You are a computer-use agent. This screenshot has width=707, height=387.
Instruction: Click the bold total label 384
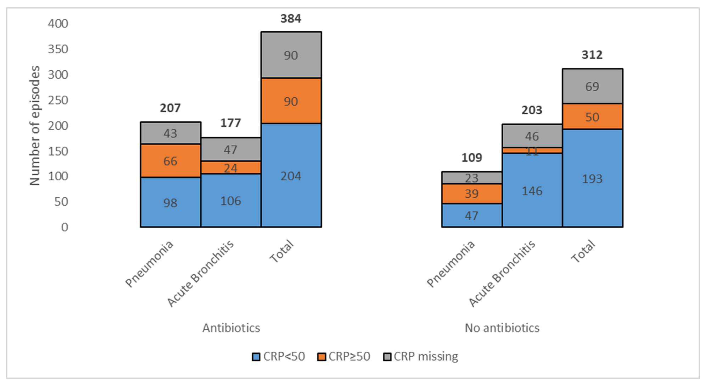[291, 19]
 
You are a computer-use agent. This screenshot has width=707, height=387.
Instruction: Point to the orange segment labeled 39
[471, 194]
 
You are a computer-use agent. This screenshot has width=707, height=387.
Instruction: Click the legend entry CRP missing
[420, 356]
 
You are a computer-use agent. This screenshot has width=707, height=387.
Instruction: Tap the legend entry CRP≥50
[344, 356]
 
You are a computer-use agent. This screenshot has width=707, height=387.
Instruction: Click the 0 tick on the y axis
[65, 227]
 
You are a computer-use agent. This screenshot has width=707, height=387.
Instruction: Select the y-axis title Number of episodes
[35, 126]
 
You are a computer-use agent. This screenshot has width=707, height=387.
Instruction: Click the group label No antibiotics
[502, 328]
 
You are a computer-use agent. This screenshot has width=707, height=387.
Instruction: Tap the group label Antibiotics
[231, 328]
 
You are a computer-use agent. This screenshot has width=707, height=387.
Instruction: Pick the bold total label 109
[471, 158]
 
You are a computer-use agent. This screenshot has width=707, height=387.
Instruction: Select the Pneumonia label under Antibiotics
[150, 264]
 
